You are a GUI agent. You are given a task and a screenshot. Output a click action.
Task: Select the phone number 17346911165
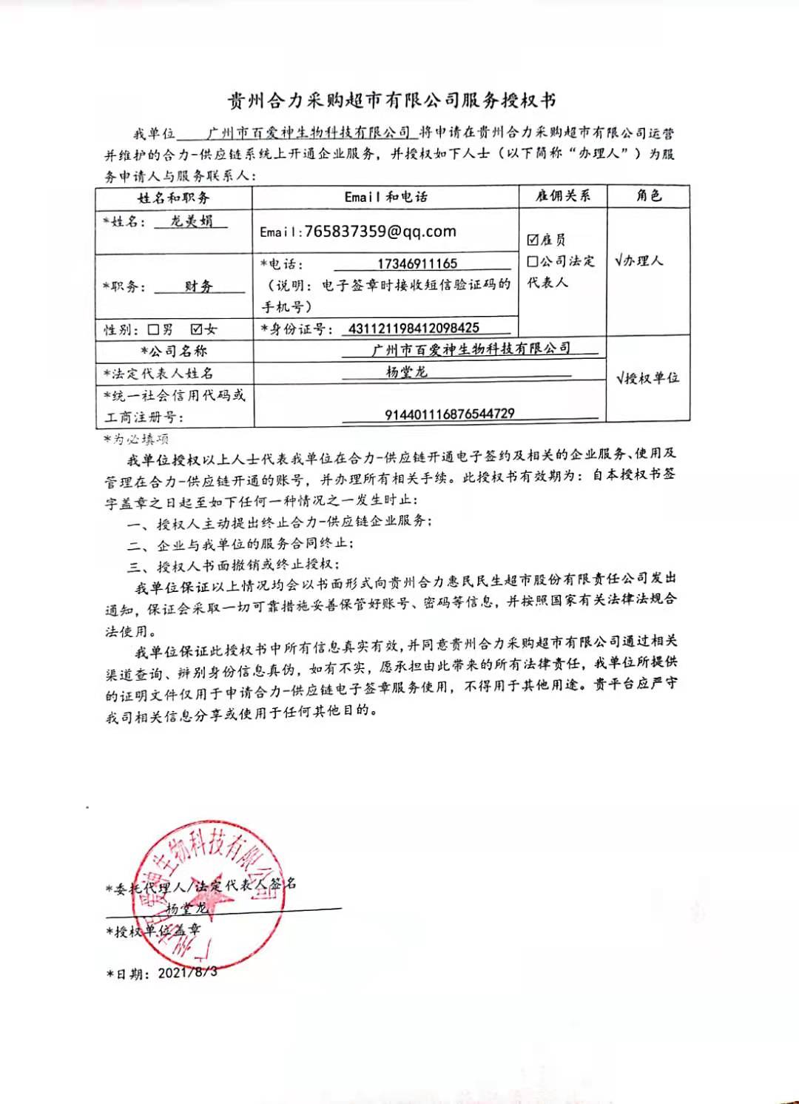(x=417, y=263)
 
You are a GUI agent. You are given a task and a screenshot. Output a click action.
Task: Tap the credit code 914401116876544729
(x=449, y=414)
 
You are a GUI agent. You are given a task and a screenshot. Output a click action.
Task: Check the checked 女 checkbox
(x=197, y=329)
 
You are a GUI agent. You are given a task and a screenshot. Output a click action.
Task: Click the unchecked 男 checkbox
(x=153, y=329)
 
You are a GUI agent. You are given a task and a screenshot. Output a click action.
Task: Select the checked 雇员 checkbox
(x=533, y=240)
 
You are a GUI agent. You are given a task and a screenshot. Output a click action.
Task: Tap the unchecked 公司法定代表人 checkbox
(x=533, y=261)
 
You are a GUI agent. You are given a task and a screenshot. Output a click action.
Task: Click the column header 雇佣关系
(x=563, y=196)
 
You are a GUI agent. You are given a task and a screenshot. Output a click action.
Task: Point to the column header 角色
(x=648, y=196)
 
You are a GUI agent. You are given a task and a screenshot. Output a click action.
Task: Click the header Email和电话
(x=385, y=197)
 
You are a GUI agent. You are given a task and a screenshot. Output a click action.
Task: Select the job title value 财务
(x=198, y=286)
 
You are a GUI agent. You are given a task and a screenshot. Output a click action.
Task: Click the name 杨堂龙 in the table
(x=406, y=371)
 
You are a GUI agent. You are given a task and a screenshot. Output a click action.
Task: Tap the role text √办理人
(x=639, y=260)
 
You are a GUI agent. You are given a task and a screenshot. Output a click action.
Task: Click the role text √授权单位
(x=647, y=378)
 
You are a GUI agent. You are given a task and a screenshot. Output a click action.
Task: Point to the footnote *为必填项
(x=137, y=439)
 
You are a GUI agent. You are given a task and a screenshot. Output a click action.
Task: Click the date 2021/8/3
(x=187, y=972)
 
